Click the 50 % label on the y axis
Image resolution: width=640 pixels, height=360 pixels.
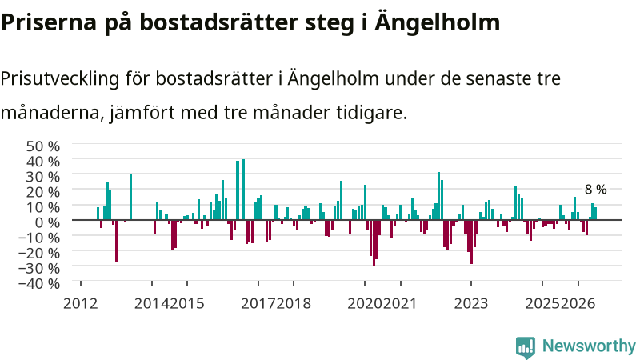(43, 146)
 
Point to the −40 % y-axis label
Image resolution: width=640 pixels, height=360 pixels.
(39, 283)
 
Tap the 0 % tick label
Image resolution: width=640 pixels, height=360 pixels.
(47, 222)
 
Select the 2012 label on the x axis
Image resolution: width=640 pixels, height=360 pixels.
(81, 304)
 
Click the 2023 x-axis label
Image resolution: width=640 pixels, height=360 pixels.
(471, 304)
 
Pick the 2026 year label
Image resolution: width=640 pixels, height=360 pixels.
(578, 304)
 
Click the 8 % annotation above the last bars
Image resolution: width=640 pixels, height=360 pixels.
(595, 190)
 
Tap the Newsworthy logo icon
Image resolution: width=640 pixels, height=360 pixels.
(526, 348)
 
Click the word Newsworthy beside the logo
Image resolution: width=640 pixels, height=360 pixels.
(589, 346)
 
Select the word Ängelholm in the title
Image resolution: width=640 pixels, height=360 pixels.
(437, 22)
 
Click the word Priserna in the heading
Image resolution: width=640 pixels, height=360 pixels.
(49, 22)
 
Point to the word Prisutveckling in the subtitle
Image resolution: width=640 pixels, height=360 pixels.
(59, 78)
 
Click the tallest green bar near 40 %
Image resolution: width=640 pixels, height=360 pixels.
(244, 190)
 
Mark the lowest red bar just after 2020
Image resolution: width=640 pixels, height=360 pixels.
(374, 242)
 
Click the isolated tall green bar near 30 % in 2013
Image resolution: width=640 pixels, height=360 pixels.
(130, 197)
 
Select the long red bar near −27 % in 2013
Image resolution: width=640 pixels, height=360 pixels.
(116, 241)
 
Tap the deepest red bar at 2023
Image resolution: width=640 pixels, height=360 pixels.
(471, 242)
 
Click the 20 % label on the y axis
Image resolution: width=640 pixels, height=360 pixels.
(43, 192)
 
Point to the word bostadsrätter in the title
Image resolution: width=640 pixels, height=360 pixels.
(218, 22)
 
